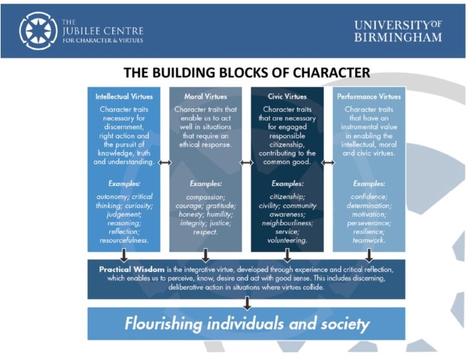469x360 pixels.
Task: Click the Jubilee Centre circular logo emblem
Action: (x=38, y=31)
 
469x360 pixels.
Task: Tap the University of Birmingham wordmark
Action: (x=398, y=31)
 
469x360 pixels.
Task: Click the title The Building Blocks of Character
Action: (x=247, y=73)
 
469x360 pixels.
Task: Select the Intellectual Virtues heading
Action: (x=124, y=97)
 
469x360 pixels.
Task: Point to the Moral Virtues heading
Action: (x=206, y=97)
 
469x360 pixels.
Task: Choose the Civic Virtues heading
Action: (x=287, y=97)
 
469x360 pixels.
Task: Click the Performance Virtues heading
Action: (x=369, y=97)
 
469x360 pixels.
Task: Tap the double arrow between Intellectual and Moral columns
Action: (x=165, y=163)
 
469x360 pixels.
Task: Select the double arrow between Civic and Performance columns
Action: (x=328, y=163)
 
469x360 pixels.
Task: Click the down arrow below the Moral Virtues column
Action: (x=206, y=256)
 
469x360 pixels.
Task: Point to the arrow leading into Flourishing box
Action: (x=247, y=303)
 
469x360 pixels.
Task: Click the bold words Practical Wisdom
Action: (x=132, y=269)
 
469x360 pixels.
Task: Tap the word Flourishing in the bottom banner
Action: (x=163, y=324)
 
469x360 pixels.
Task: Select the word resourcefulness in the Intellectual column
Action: (x=124, y=241)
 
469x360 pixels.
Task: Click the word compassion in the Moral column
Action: (x=206, y=197)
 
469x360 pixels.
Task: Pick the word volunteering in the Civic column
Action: (x=287, y=241)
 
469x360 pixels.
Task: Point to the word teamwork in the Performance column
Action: (x=369, y=241)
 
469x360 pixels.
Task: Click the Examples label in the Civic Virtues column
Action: (x=287, y=183)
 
